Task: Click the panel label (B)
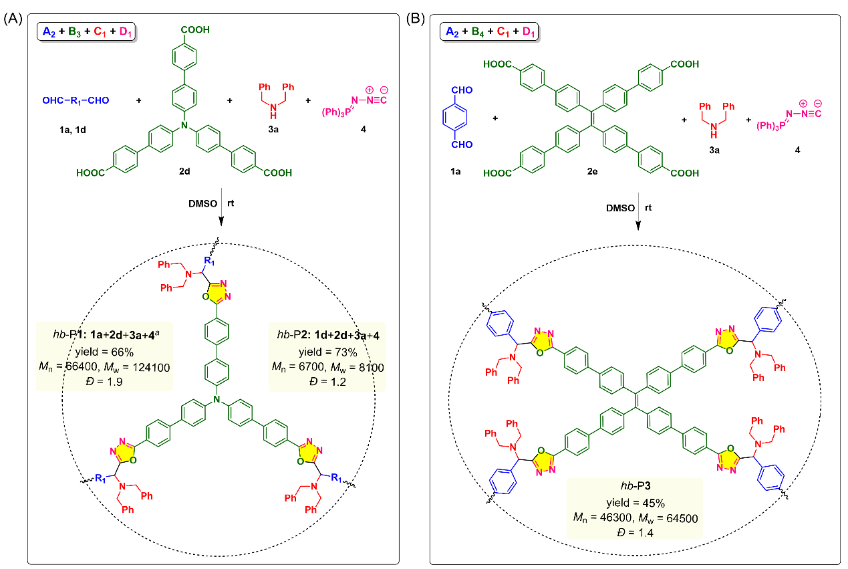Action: click(416, 19)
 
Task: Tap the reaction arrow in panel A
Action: click(221, 207)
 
